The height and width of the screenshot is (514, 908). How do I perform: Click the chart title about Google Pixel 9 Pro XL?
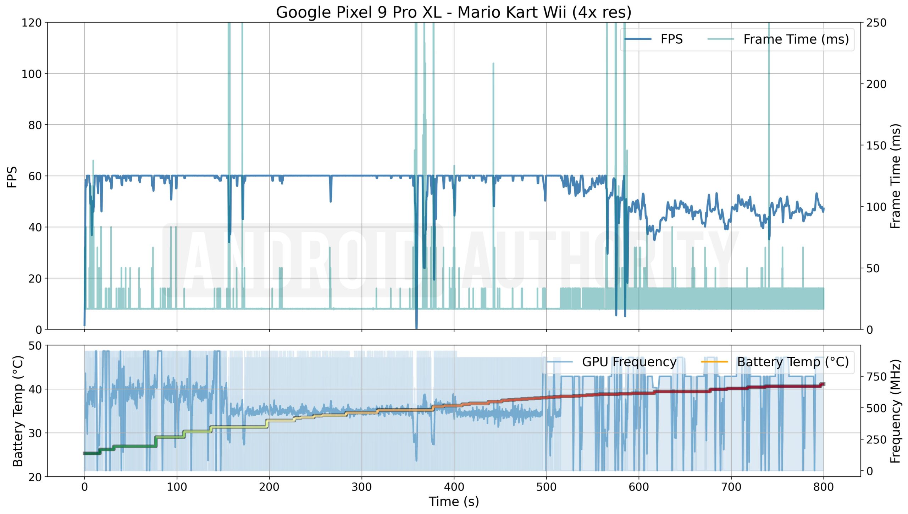coord(454,12)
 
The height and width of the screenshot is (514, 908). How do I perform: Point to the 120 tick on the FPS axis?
coord(32,23)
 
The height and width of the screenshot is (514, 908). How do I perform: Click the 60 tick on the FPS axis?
coord(35,176)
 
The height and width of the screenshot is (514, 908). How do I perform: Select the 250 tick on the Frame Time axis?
coord(876,23)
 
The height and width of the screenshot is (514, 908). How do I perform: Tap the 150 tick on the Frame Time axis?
coord(876,146)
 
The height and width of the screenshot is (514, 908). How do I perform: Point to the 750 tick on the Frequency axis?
coord(876,377)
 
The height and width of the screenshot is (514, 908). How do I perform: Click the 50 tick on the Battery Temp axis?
coord(35,346)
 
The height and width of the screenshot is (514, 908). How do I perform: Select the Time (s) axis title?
coord(454,502)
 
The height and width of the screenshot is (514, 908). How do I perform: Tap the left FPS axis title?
coord(12,176)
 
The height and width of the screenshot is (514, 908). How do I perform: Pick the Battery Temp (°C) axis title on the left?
coord(18,411)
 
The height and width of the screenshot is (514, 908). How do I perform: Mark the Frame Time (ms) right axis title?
coord(895,176)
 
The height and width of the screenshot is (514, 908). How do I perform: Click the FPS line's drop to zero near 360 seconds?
coord(416,327)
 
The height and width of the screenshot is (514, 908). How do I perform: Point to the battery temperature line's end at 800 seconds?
coord(823,384)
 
